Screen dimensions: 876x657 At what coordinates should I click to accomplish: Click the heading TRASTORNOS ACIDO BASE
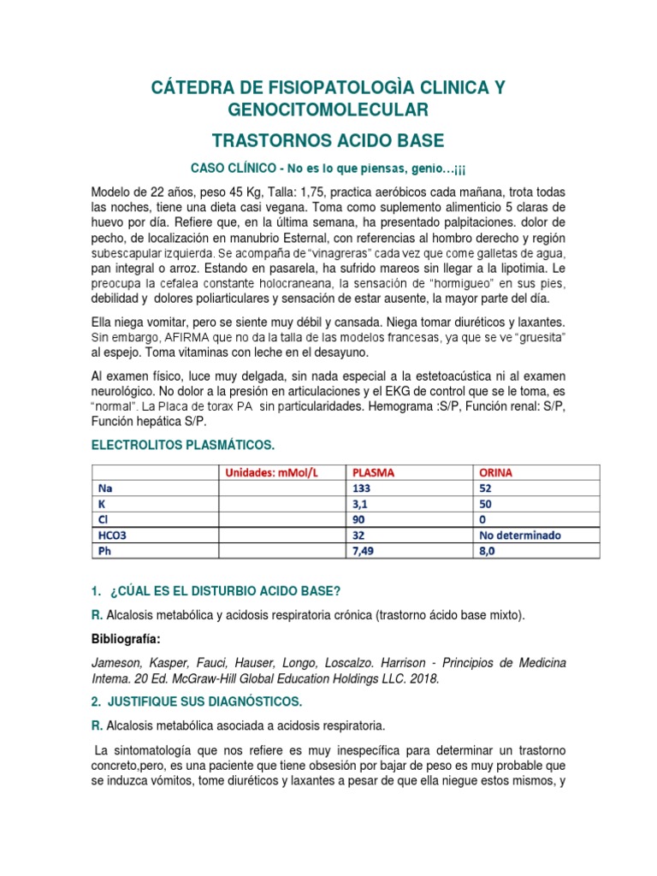pyautogui.click(x=328, y=141)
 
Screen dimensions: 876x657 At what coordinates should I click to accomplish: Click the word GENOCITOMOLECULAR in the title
pyautogui.click(x=328, y=109)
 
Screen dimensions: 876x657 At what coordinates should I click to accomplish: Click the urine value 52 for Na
pyautogui.click(x=486, y=488)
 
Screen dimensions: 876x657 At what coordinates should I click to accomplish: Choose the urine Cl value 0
pyautogui.click(x=482, y=519)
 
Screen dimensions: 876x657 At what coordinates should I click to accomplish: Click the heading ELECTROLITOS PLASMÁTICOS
pyautogui.click(x=183, y=446)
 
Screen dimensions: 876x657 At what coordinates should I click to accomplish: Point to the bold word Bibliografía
pyautogui.click(x=125, y=639)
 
